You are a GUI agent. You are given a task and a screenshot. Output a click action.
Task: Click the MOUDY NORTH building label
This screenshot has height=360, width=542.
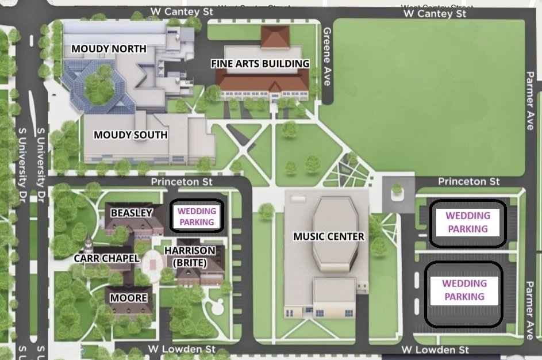[x=109, y=49]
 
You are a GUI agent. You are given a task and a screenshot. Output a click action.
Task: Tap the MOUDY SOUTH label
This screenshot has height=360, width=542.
[x=130, y=135]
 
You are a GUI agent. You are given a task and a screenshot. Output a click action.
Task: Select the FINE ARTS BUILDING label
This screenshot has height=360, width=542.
[x=260, y=64]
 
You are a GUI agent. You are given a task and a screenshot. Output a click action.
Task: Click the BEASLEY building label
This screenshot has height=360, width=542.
[x=131, y=213]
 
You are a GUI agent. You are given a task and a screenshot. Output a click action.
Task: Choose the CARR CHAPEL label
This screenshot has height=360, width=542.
[x=107, y=258]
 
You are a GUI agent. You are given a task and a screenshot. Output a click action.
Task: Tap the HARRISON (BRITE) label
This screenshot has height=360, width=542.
[x=190, y=256]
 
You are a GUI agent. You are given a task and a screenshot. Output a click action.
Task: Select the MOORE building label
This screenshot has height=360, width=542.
[x=129, y=298]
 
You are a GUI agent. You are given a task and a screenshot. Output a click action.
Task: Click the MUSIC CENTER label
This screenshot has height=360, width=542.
[x=329, y=236]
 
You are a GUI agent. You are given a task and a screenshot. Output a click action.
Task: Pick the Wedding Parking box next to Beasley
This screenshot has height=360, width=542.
[x=197, y=217]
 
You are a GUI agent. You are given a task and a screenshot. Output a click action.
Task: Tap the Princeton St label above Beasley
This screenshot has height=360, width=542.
[x=182, y=182]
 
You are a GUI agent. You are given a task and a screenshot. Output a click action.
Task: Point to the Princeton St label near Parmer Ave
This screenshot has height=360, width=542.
[x=469, y=182]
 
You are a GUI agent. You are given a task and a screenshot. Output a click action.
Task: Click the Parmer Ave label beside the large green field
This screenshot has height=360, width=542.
[x=529, y=101]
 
